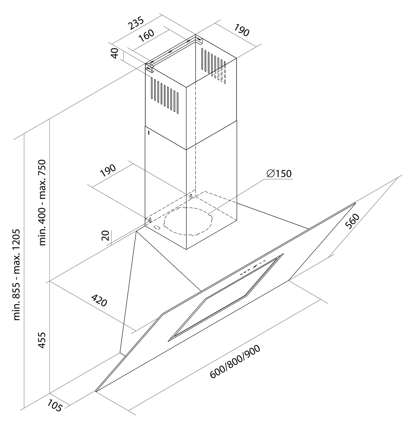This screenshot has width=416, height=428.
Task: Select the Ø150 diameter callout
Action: (279, 174)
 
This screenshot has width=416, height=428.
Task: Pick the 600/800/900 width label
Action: (235, 362)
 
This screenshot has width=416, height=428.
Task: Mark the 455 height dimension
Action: (42, 340)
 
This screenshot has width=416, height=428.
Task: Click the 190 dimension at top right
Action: (241, 30)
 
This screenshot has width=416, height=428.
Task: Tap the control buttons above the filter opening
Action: (253, 267)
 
